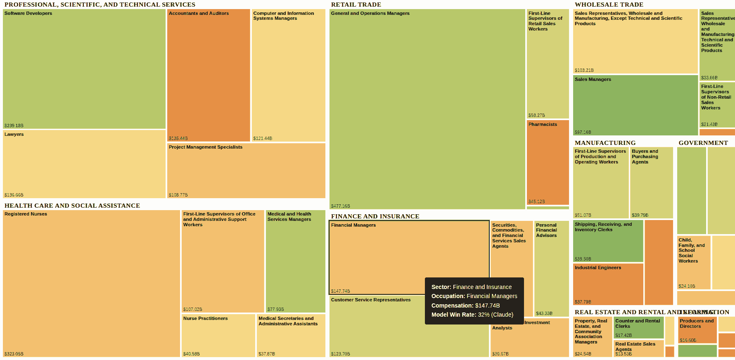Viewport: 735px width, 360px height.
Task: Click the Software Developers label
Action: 28,14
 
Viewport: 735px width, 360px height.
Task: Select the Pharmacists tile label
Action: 543,125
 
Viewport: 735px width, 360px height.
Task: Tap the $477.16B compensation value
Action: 340,206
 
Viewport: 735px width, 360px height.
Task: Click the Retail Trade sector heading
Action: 356,5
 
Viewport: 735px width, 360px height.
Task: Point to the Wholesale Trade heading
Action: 609,5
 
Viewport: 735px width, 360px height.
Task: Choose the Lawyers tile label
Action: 14,135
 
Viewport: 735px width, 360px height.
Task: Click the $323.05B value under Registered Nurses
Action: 14,354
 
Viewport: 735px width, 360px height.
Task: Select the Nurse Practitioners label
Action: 205,319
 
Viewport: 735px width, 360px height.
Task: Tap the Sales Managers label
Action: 593,80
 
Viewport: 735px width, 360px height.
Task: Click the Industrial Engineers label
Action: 597,268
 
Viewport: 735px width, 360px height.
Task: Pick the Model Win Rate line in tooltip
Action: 472,315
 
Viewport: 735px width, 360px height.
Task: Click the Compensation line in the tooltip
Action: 465,306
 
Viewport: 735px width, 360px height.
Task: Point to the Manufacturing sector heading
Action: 605,143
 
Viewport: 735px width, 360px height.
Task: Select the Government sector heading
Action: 703,143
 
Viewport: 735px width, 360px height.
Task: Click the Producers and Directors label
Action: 696,324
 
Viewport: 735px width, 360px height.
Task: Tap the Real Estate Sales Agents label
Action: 635,346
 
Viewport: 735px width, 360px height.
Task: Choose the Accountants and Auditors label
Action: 199,14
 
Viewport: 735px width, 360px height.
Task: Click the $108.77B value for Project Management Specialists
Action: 178,195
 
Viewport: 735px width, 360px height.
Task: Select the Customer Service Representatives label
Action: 370,300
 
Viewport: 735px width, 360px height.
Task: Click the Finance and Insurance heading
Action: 375,216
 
